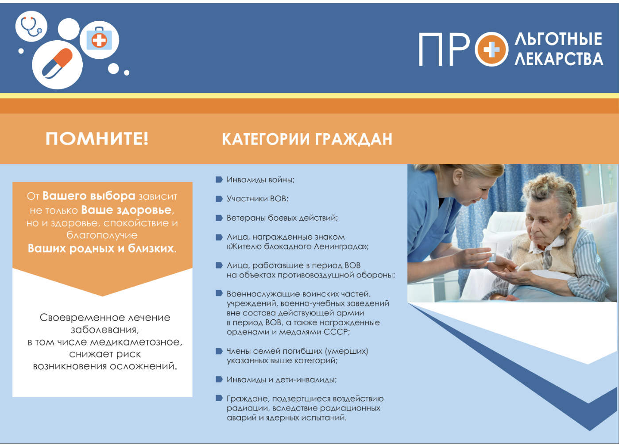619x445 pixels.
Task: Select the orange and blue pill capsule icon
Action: pyautogui.click(x=57, y=63)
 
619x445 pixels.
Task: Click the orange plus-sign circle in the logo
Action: pyautogui.click(x=491, y=50)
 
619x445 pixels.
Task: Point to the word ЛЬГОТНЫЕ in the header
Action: pyautogui.click(x=558, y=39)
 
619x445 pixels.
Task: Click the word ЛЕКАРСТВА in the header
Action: pyautogui.click(x=559, y=58)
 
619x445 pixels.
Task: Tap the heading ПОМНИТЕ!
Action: pyautogui.click(x=97, y=138)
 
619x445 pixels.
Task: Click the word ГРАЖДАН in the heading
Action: pyautogui.click(x=353, y=139)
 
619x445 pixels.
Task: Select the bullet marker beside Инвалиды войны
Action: pyautogui.click(x=219, y=180)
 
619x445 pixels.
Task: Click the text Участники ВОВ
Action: pyautogui.click(x=257, y=199)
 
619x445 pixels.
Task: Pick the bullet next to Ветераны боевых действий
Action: pyautogui.click(x=219, y=218)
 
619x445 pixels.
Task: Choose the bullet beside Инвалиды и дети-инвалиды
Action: pyautogui.click(x=219, y=379)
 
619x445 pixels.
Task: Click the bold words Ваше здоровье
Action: pyautogui.click(x=126, y=210)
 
